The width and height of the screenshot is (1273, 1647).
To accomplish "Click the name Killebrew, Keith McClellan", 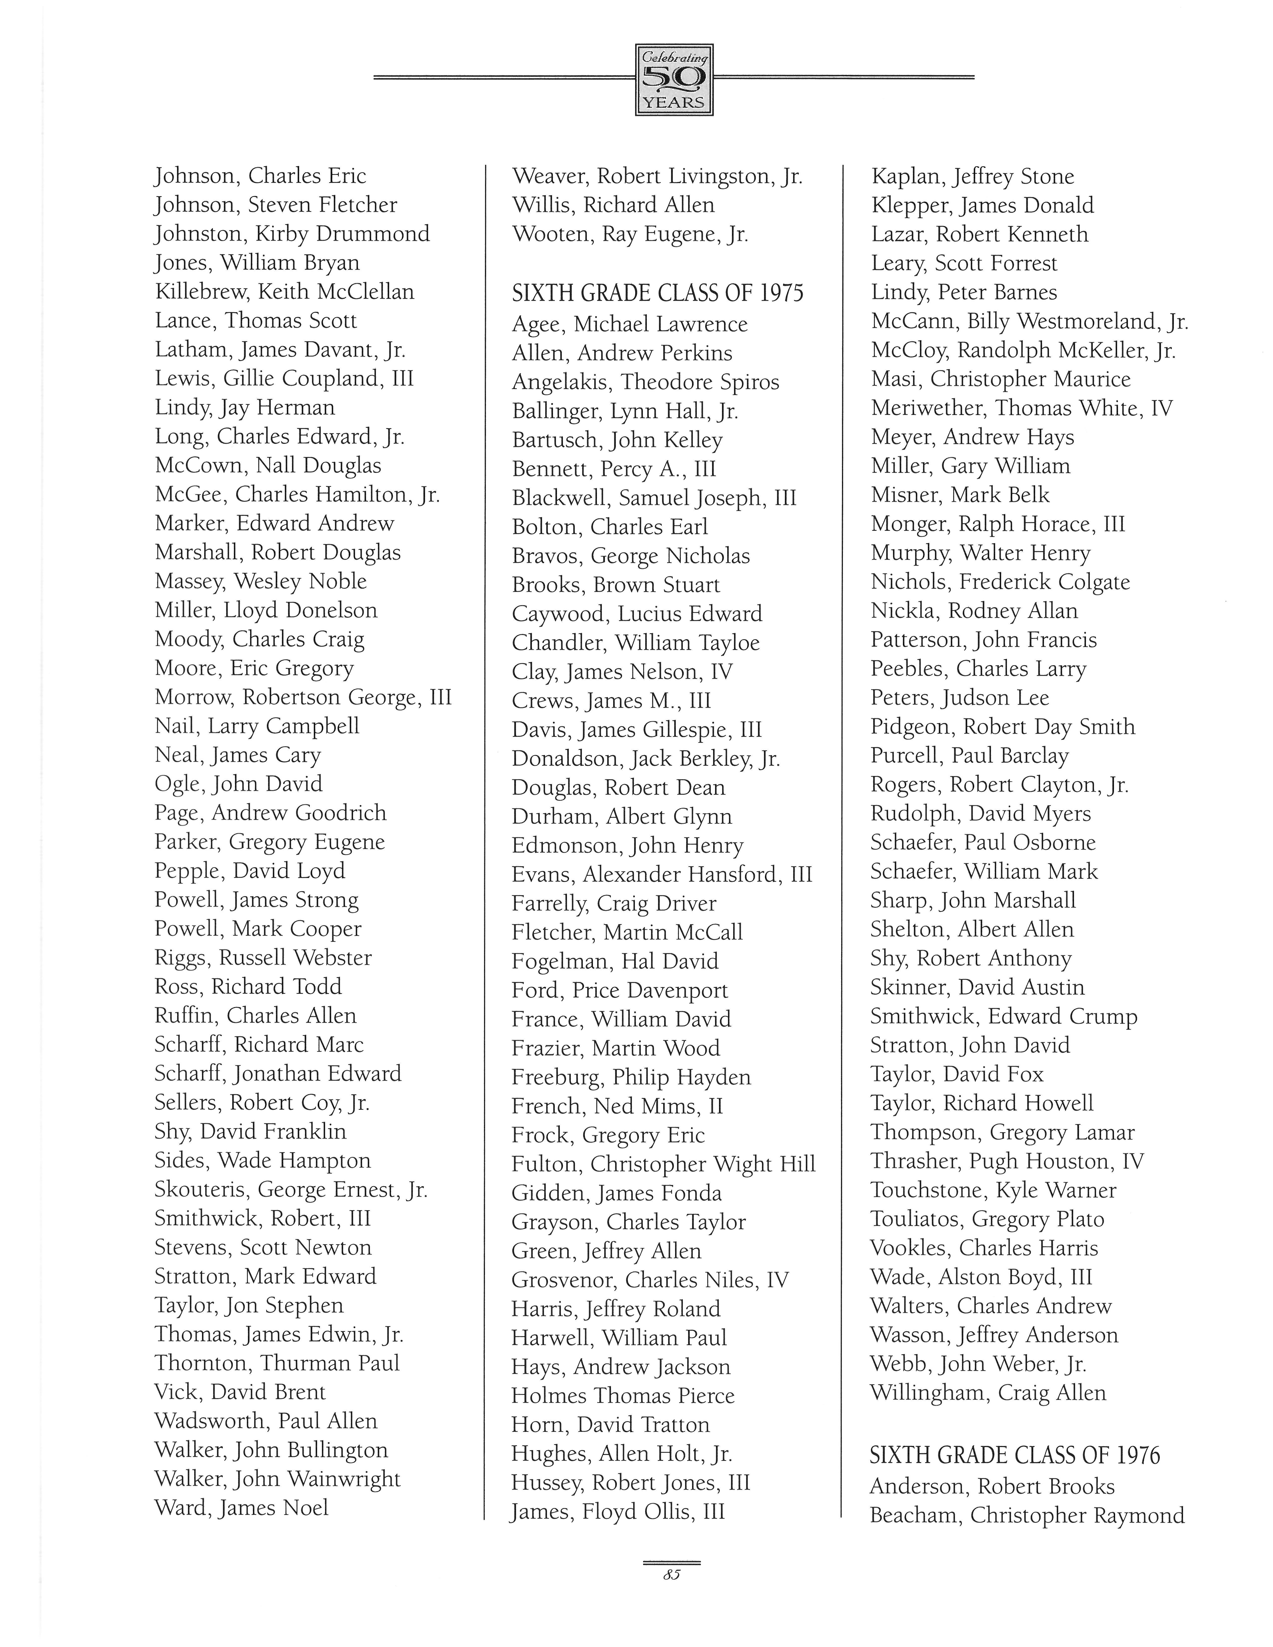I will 284,292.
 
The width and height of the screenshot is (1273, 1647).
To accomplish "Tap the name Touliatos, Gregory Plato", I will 987,1219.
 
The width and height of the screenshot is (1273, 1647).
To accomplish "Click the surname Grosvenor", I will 563,1280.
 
